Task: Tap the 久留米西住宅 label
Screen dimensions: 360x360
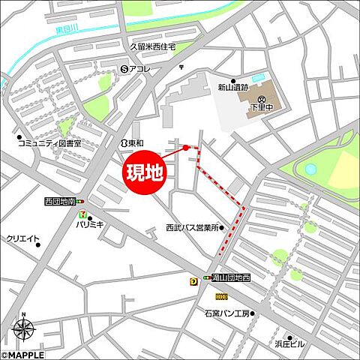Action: [x=152, y=46]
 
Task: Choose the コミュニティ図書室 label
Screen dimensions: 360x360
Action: [x=49, y=142]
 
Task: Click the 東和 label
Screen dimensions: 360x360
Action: [x=134, y=142]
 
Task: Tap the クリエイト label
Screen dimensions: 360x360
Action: [x=23, y=238]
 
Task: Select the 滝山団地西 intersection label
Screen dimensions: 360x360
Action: [x=228, y=277]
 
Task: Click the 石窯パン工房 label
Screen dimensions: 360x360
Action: [x=226, y=313]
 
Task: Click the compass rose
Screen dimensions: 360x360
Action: [x=23, y=328]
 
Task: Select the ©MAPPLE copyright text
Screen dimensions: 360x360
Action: [x=22, y=355]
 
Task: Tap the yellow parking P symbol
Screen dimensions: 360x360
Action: [x=194, y=281]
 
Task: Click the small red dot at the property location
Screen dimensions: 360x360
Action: [x=186, y=148]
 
